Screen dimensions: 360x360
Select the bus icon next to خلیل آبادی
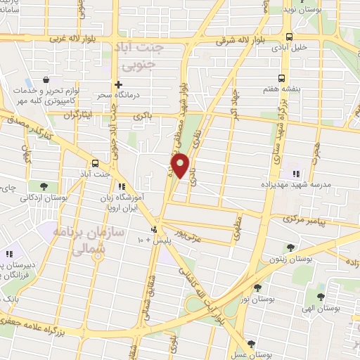point(289,37)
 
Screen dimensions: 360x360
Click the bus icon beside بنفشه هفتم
point(282,79)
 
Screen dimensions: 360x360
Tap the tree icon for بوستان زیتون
point(291,247)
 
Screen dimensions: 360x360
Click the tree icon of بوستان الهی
point(320,296)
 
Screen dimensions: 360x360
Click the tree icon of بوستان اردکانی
point(44,186)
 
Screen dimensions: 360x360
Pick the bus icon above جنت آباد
point(96,162)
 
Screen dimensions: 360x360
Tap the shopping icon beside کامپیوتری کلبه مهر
point(46,81)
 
